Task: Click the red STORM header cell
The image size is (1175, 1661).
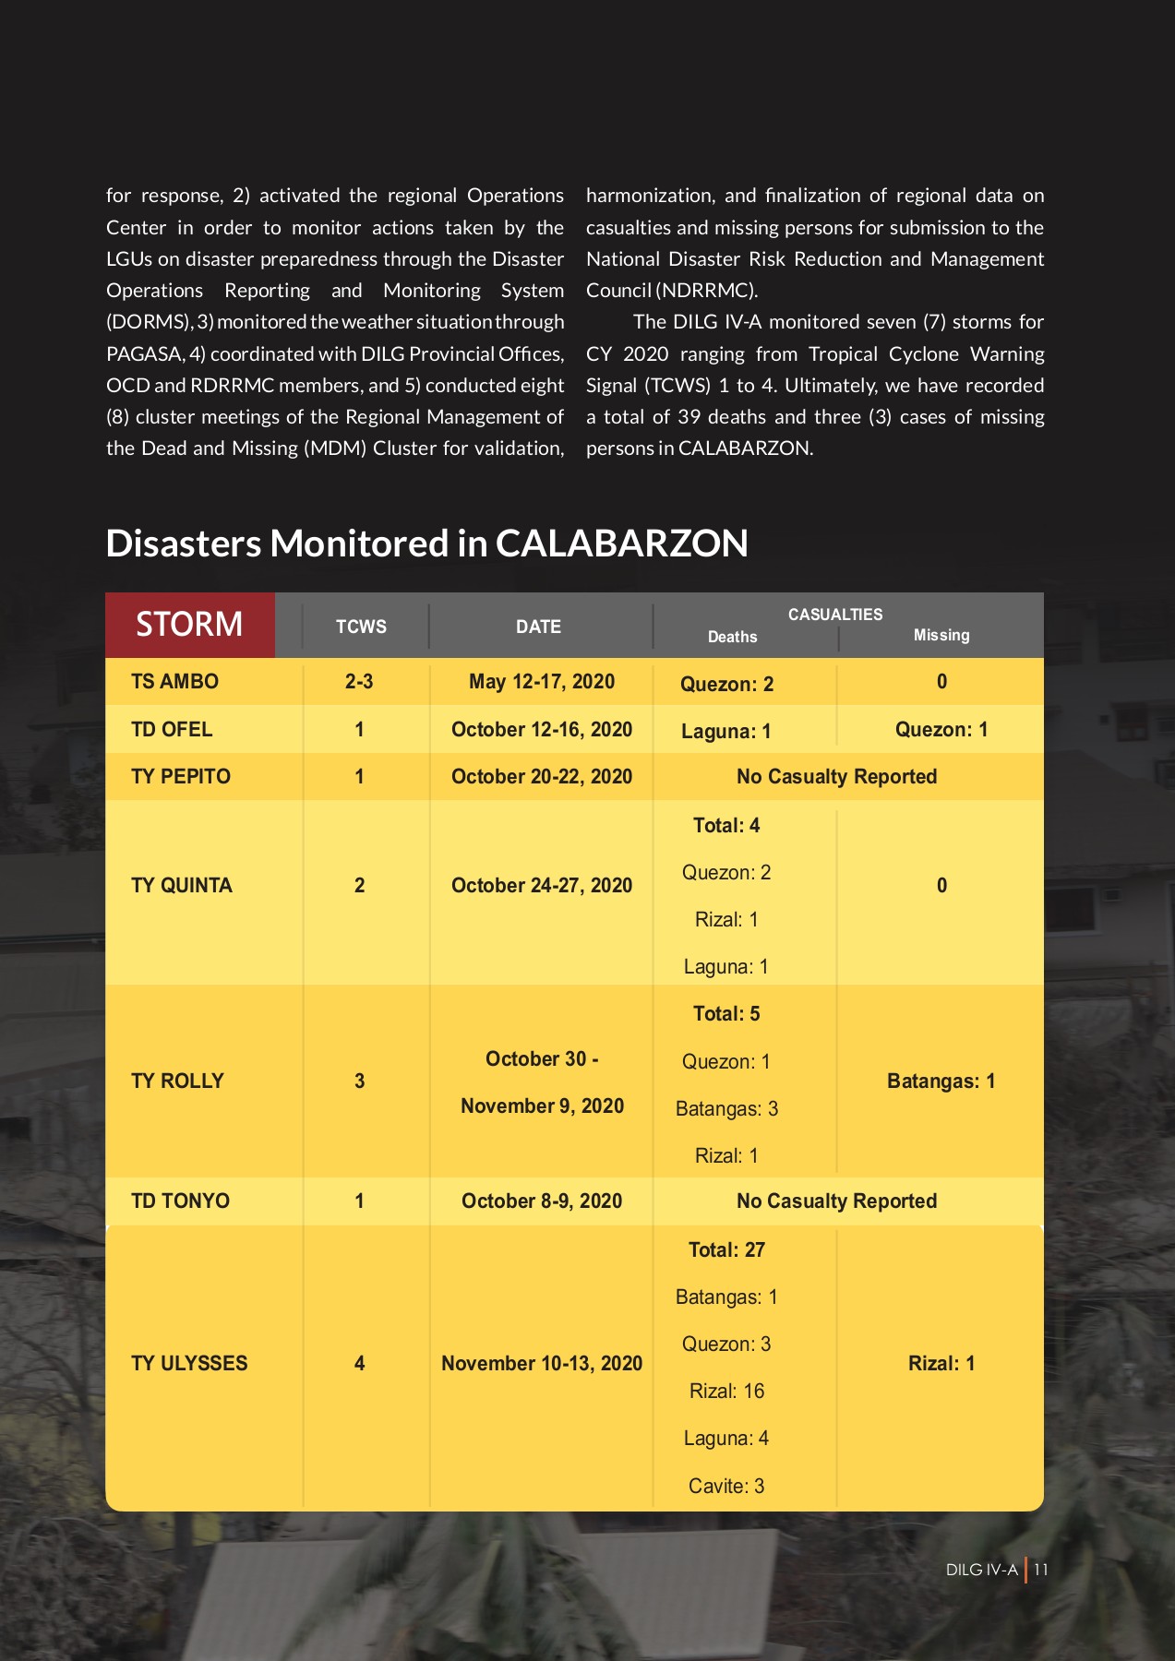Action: [190, 625]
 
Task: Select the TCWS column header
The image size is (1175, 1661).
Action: [361, 627]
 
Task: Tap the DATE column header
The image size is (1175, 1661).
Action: [538, 627]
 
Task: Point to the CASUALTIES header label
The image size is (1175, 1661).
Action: [834, 615]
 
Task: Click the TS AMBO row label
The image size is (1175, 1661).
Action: [174, 682]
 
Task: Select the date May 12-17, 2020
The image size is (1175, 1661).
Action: [541, 682]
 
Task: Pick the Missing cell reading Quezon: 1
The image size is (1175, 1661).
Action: [941, 730]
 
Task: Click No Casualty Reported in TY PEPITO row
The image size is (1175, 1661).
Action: [836, 777]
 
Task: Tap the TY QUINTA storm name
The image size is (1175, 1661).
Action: [181, 886]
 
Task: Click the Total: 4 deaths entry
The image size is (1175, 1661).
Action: [726, 826]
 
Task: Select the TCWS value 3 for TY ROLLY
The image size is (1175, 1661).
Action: [359, 1081]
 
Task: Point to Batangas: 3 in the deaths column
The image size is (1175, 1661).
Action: [726, 1109]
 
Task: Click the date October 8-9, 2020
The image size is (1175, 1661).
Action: [541, 1201]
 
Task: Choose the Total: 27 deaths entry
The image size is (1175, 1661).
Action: [726, 1250]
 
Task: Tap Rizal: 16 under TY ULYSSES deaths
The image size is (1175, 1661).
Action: [726, 1392]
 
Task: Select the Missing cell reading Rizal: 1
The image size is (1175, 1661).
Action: [941, 1364]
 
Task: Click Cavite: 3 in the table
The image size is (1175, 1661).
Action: [726, 1487]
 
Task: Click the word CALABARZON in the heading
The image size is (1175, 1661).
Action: [621, 544]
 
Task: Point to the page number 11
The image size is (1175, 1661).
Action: [1040, 1570]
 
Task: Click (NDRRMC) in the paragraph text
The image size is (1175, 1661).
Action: [707, 291]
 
